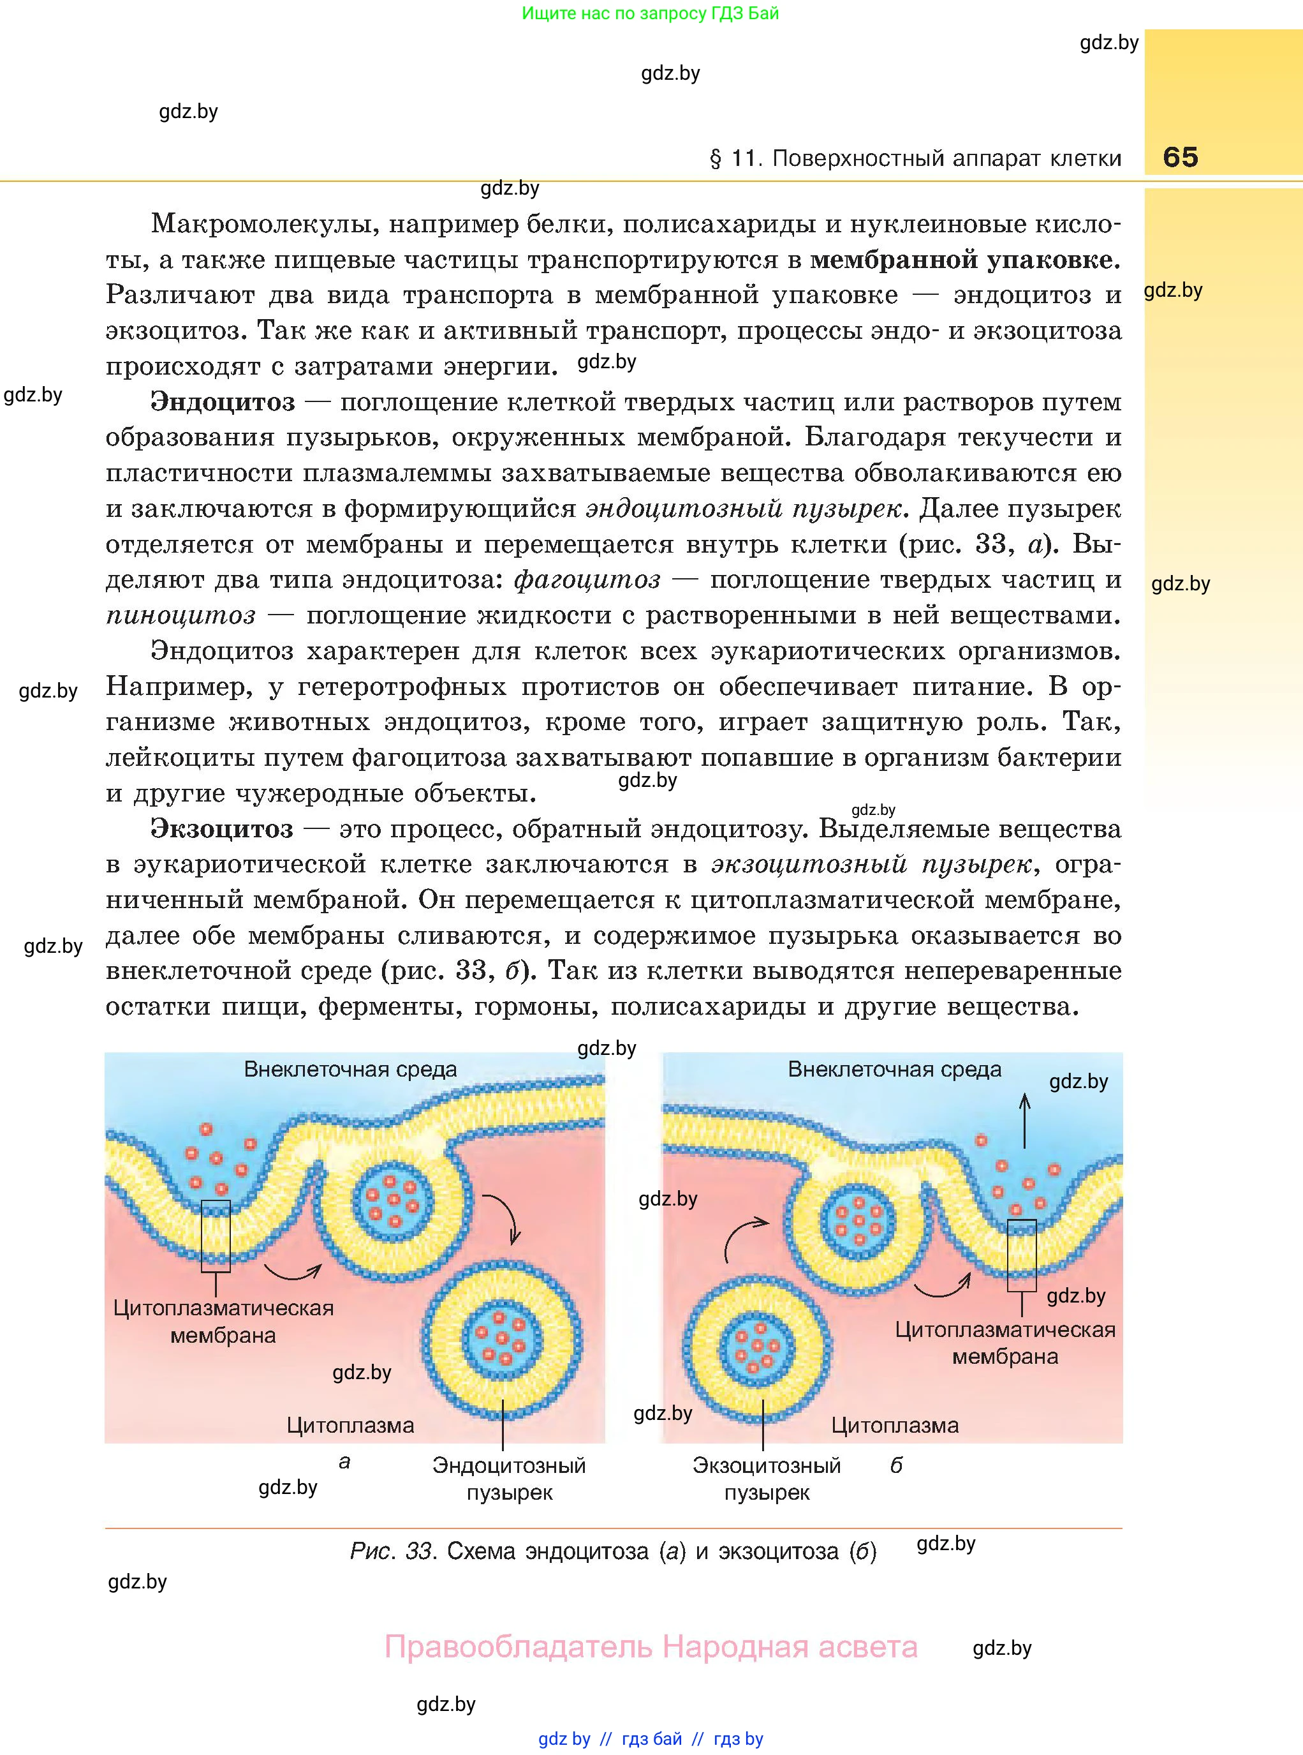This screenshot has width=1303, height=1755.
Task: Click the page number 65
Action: pos(1180,157)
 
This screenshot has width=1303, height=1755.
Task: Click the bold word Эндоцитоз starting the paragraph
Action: pos(223,403)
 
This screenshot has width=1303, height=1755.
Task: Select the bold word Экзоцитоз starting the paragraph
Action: pos(222,830)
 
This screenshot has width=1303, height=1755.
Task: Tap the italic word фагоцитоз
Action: pos(587,580)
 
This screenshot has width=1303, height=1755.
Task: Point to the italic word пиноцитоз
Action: pos(180,615)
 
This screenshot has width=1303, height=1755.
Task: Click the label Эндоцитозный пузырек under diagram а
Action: pos(509,1479)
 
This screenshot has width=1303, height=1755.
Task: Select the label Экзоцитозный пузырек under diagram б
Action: pos(767,1479)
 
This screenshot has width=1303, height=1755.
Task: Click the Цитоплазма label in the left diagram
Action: pos(350,1425)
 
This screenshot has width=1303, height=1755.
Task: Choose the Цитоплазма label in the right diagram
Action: pos(894,1425)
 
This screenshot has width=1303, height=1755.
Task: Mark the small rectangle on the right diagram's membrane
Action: pos(1022,1255)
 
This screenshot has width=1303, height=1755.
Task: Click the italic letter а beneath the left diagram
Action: pos(344,1462)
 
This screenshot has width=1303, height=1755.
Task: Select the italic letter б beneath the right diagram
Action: pos(896,1465)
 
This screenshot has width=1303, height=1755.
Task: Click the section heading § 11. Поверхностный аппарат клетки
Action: pos(915,159)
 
